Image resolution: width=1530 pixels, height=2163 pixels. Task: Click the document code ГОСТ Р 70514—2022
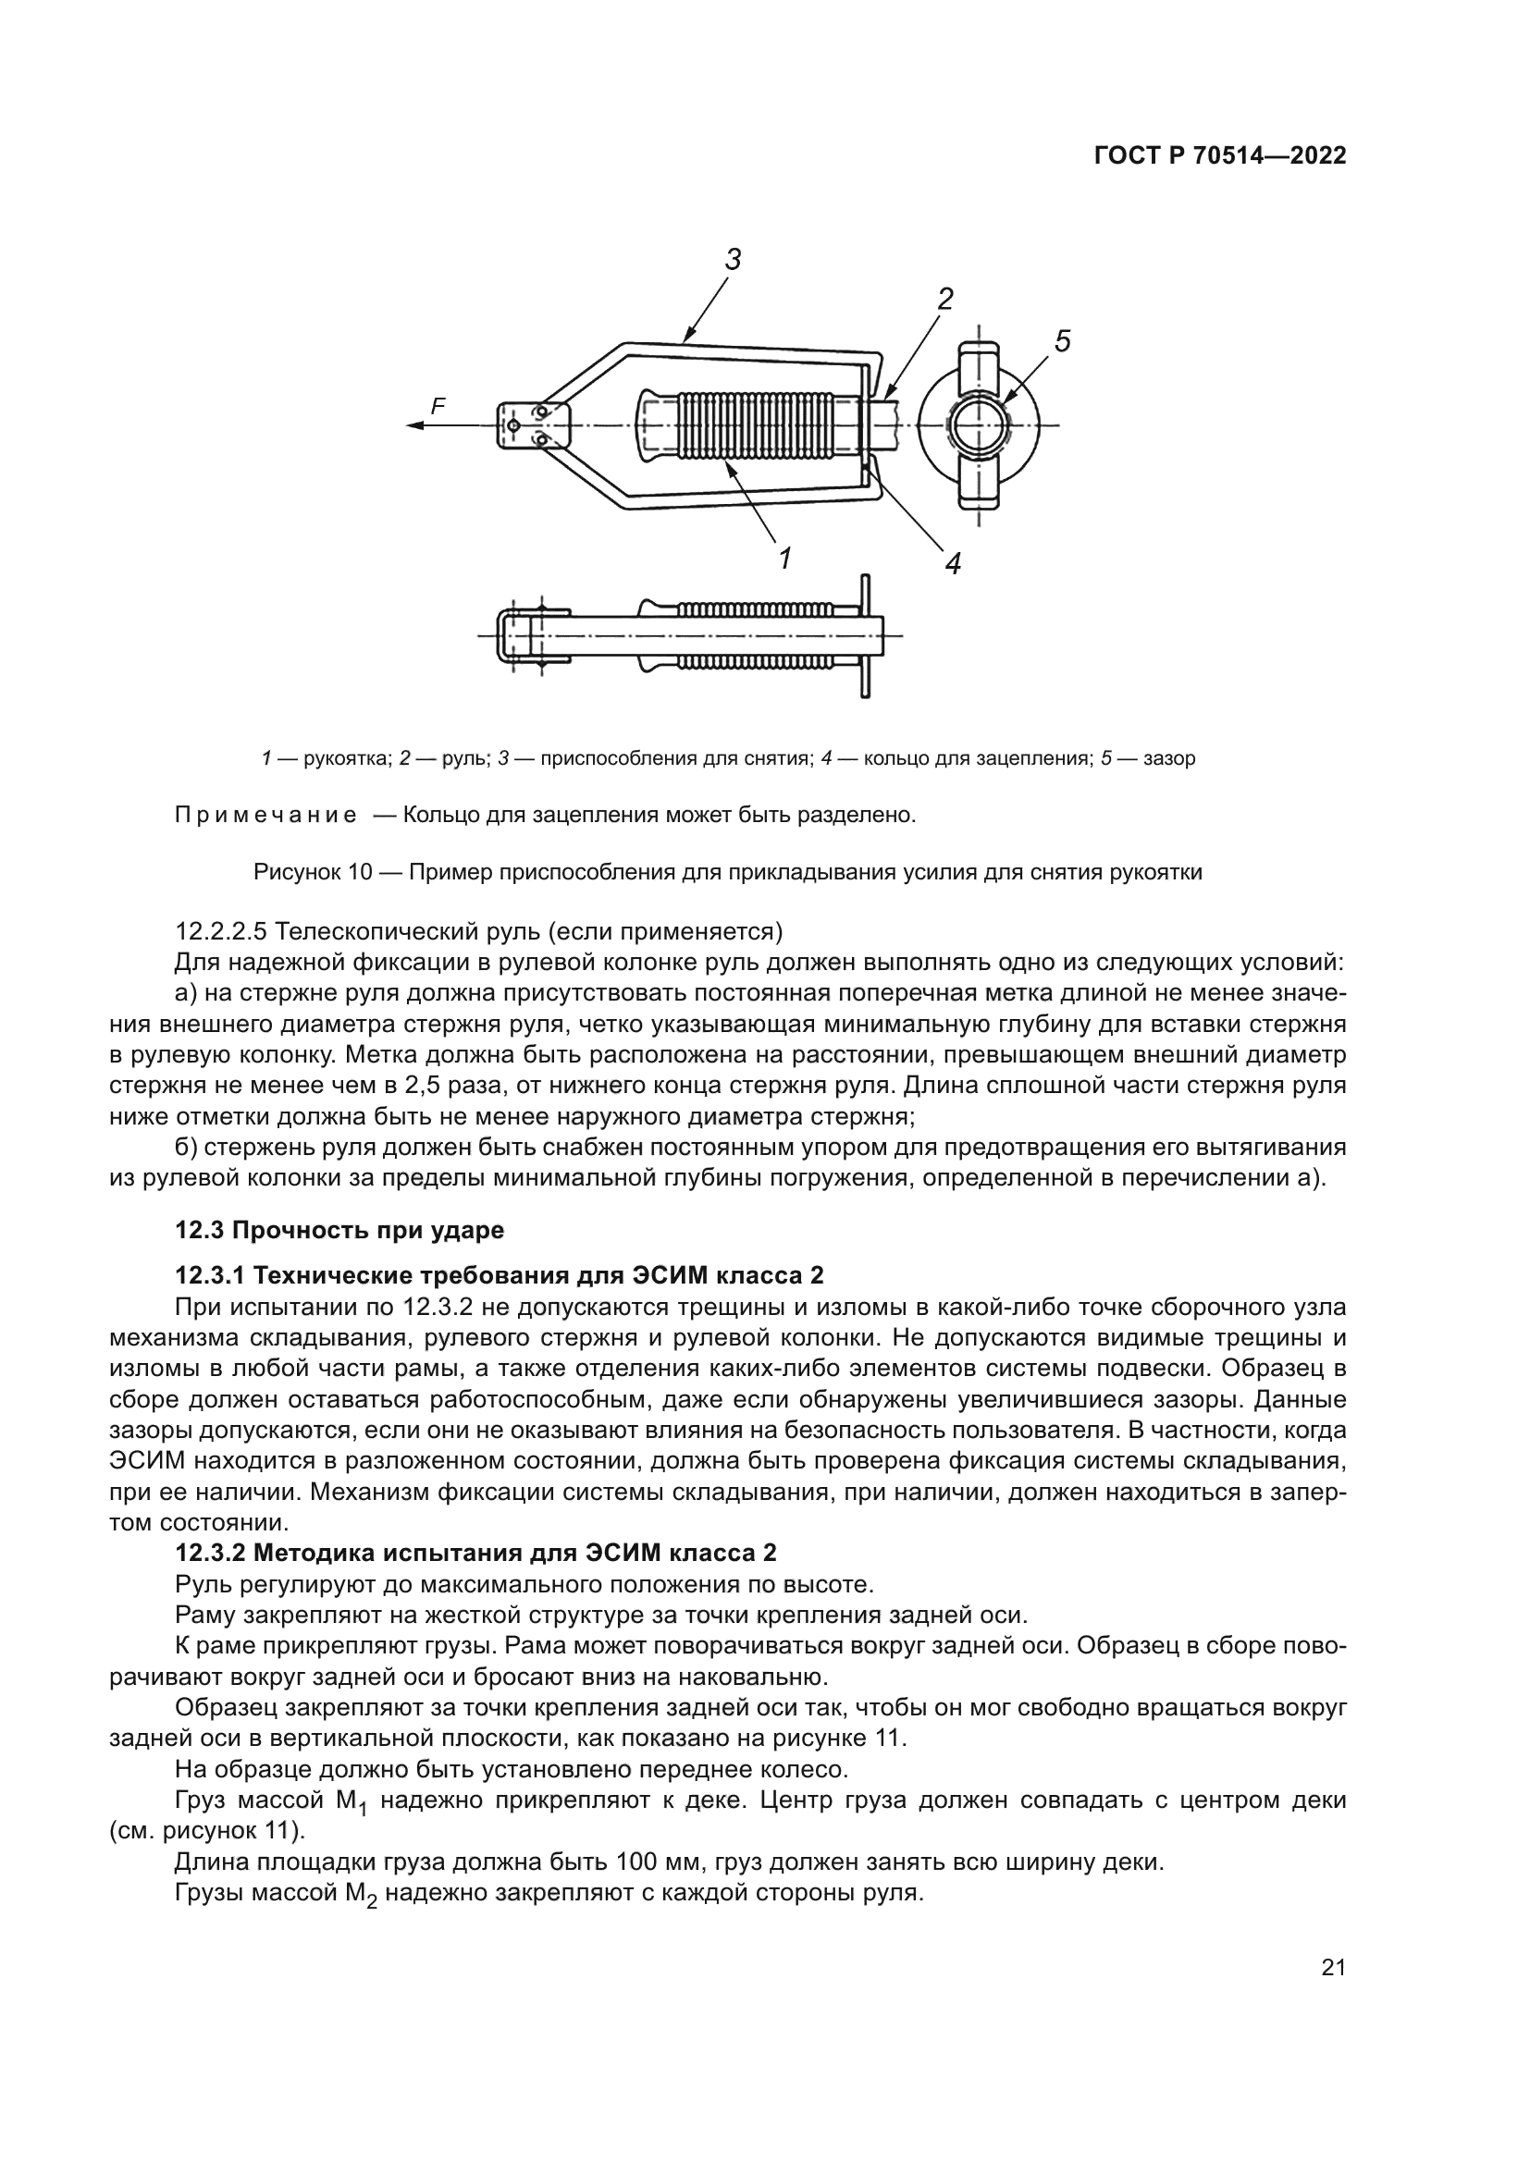click(x=1220, y=156)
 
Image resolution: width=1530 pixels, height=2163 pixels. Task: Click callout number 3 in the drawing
click(x=733, y=259)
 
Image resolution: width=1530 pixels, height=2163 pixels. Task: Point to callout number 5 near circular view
click(x=1062, y=341)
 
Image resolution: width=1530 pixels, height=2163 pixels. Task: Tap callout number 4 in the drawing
click(x=953, y=563)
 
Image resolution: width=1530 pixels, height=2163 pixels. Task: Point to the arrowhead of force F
click(x=413, y=425)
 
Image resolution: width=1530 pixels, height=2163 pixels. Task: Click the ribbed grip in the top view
click(x=754, y=425)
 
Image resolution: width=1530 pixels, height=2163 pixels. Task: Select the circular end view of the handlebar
click(x=980, y=425)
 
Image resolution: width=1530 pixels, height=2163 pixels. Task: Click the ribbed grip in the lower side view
click(x=754, y=636)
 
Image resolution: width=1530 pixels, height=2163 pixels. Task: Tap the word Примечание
click(x=265, y=815)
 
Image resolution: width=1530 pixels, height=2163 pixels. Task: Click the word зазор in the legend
click(x=1169, y=758)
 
